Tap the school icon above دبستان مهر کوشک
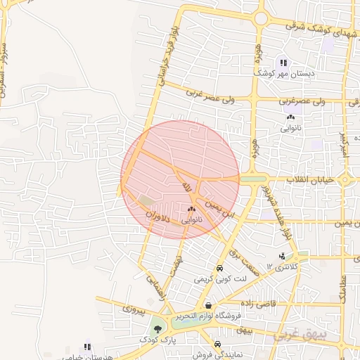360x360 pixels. coord(284,62)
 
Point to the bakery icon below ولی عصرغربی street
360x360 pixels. coord(290,117)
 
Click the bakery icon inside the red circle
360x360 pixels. coord(191,209)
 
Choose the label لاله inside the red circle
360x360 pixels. coord(187,186)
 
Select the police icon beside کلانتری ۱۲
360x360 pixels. coord(282,257)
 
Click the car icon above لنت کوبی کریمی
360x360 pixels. coord(219,269)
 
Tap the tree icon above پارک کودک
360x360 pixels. coord(157,328)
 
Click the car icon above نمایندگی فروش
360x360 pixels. coord(218,344)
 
